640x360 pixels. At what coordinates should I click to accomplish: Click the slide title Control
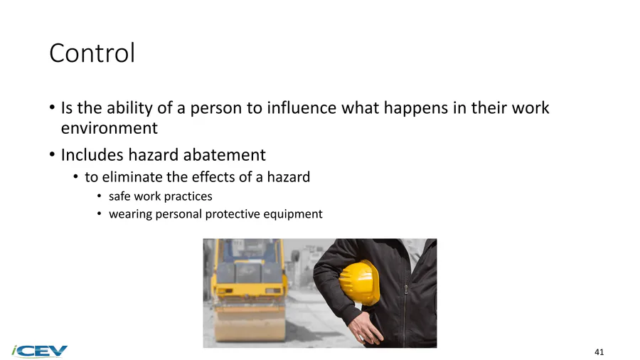tap(92, 53)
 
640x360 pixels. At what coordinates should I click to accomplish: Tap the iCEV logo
tap(40, 351)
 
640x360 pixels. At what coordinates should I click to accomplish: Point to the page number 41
tap(599, 352)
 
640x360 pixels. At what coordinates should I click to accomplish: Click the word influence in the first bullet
tap(302, 107)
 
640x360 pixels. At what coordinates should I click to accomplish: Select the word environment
tap(109, 128)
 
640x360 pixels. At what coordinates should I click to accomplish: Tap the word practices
tap(188, 197)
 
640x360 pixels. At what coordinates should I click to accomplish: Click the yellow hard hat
tap(359, 282)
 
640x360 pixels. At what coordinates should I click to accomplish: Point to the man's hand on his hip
tap(366, 327)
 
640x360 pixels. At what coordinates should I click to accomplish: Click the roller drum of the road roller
tap(250, 323)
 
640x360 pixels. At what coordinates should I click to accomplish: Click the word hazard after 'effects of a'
tap(288, 177)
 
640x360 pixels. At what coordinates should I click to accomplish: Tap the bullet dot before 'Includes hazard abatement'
tap(52, 155)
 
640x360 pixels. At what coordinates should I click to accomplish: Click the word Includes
tap(92, 155)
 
